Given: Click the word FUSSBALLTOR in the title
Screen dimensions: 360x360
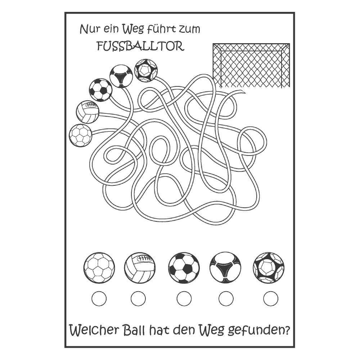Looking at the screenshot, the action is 140,46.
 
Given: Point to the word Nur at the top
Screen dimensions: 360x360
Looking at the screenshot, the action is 89,29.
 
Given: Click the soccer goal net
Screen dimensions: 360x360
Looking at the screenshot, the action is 251,66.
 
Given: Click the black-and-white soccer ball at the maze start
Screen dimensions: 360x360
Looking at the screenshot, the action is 100,90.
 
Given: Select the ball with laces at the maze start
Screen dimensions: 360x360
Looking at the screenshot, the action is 88,112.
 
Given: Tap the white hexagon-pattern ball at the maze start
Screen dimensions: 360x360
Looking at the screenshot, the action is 81,135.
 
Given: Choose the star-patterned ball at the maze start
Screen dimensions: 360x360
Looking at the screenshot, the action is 146,71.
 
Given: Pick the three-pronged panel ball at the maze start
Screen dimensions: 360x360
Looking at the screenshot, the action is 121,77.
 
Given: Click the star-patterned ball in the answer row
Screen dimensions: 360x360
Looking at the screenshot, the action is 269,268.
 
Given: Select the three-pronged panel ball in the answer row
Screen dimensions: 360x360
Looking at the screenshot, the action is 225,268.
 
